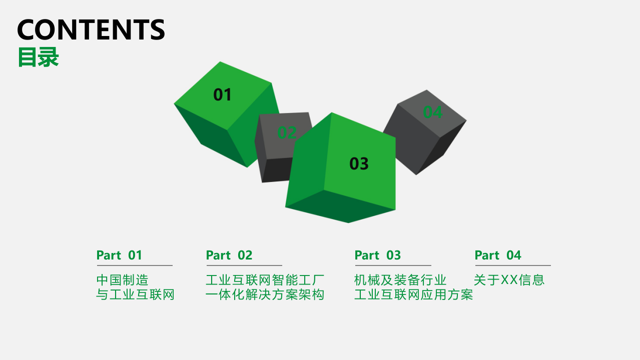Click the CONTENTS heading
click(91, 29)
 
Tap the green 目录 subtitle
click(38, 57)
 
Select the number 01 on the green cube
click(223, 94)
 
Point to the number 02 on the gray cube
click(287, 132)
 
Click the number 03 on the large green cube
click(359, 163)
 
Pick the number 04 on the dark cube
click(432, 112)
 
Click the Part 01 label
click(119, 255)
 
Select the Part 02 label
click(229, 255)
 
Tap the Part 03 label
click(378, 255)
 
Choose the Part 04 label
click(498, 255)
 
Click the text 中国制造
click(123, 280)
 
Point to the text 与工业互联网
click(135, 294)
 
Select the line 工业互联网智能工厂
click(265, 280)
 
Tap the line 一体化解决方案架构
click(265, 294)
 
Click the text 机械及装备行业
click(400, 280)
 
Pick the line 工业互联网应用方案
click(414, 294)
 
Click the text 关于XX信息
click(509, 280)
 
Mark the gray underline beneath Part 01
click(135, 265)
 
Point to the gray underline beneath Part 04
click(512, 265)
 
